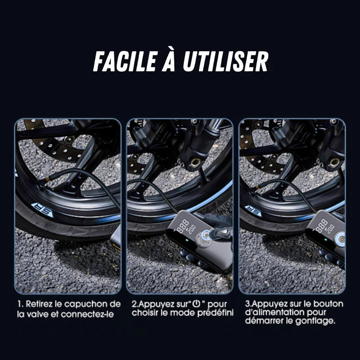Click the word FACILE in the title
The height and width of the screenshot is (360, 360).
(x=123, y=62)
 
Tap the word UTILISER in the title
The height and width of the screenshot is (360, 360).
(x=225, y=62)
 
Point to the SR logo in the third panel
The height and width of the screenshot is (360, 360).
(x=253, y=211)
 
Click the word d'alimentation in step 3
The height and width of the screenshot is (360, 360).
(x=272, y=312)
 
